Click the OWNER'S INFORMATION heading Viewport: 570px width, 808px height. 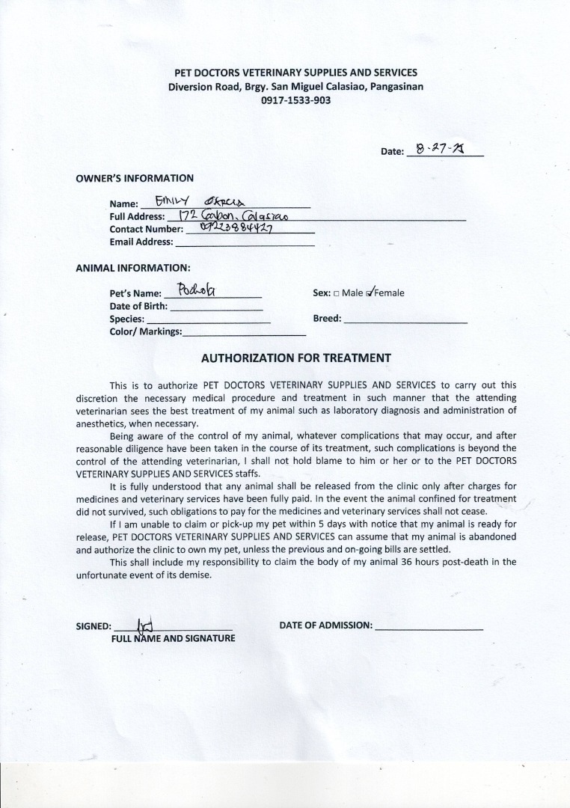tap(135, 178)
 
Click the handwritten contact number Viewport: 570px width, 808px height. tap(236, 227)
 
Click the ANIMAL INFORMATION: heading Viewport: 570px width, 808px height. tap(133, 267)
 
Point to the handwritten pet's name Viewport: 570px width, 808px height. tap(197, 290)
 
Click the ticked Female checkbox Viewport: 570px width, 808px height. tap(370, 293)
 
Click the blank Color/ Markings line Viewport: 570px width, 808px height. tap(245, 333)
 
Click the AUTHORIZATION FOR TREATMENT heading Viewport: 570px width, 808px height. tap(296, 358)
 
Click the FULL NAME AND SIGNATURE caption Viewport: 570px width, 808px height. tap(173, 638)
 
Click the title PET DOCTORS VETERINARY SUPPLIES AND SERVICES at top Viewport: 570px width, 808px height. tap(295, 73)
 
